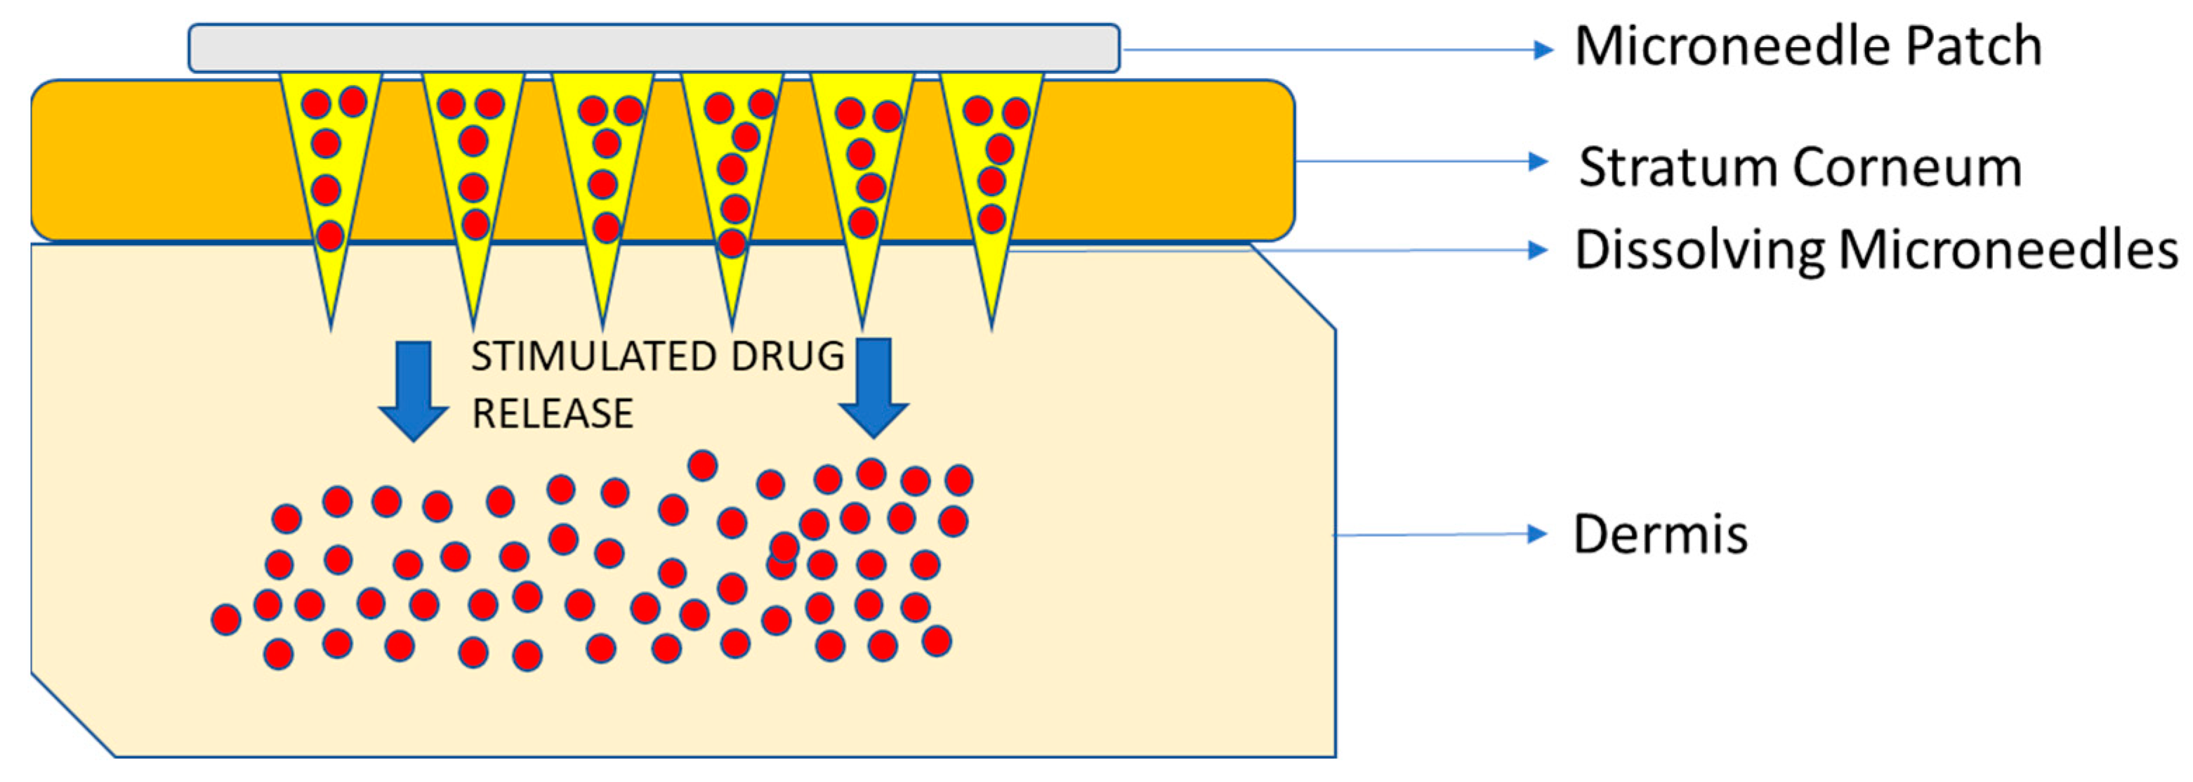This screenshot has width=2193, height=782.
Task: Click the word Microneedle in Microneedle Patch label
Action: [x=1732, y=47]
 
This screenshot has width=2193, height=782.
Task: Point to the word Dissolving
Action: [x=1699, y=252]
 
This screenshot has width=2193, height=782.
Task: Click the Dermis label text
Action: [x=1660, y=535]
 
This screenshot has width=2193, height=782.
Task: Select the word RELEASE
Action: [x=553, y=414]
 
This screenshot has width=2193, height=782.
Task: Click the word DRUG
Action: [x=786, y=356]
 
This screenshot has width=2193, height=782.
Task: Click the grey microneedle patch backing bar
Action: [x=653, y=48]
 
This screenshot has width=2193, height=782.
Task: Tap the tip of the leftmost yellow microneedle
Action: [x=331, y=324]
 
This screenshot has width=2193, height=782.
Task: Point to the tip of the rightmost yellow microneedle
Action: [x=992, y=324]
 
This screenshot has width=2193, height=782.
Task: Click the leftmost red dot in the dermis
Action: [x=225, y=619]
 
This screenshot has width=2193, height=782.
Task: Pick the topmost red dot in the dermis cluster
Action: [x=702, y=465]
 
